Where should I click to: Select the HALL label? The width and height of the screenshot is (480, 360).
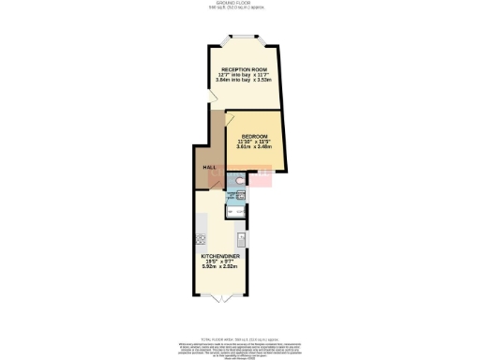pyautogui.click(x=211, y=167)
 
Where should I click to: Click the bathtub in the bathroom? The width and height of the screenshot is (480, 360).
pyautogui.click(x=234, y=211)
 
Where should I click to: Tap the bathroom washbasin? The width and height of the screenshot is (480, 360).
pyautogui.click(x=240, y=195)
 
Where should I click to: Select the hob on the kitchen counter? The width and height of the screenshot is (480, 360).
pyautogui.click(x=201, y=238)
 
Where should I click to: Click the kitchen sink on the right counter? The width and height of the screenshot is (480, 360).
pyautogui.click(x=241, y=238)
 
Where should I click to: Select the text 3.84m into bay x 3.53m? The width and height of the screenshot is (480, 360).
pyautogui.click(x=243, y=82)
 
